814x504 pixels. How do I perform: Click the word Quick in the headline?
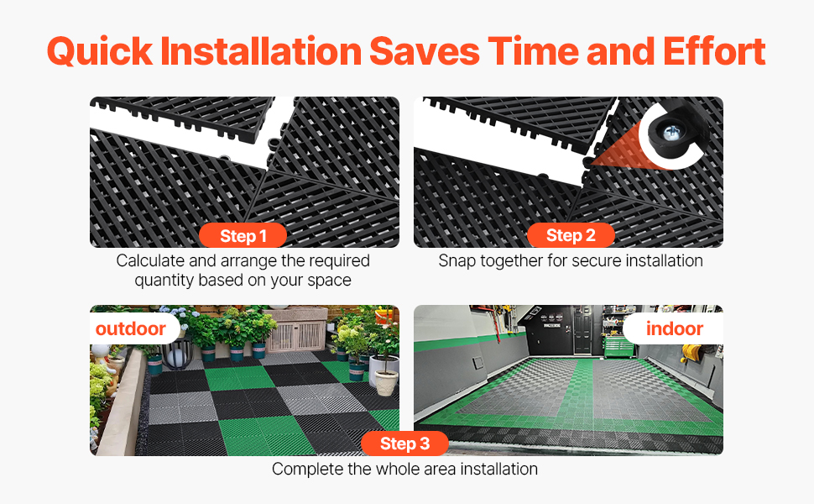pos(100,52)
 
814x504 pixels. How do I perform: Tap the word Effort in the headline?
pos(714,51)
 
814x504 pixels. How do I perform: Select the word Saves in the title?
pos(425,51)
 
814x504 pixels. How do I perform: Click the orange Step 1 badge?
pos(243,236)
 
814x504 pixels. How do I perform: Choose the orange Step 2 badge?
pos(571,235)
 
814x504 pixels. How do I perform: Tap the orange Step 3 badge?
pos(405,444)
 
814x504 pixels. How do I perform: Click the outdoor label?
pos(131,329)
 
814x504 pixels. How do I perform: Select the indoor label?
pos(675,328)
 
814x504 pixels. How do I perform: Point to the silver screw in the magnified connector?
pos(671,133)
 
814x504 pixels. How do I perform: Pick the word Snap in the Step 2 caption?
pos(457,261)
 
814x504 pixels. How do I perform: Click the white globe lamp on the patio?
pos(176,356)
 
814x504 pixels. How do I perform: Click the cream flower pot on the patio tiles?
pos(386,382)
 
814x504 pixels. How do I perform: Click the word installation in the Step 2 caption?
pos(664,261)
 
